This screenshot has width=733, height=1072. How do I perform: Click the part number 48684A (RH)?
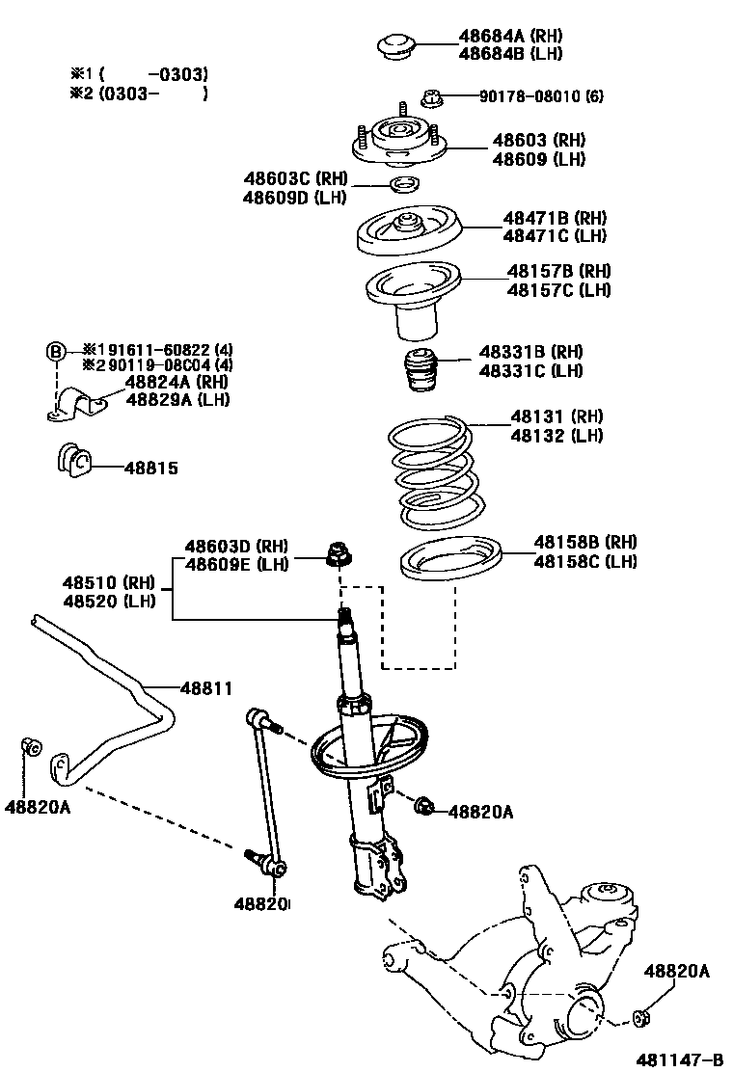[x=510, y=37]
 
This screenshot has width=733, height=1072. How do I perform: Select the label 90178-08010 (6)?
[x=541, y=96]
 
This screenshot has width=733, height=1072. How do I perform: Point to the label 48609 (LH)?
[x=538, y=159]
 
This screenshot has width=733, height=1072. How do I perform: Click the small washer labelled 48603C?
[x=403, y=184]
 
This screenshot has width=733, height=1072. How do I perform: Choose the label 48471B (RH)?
[x=554, y=218]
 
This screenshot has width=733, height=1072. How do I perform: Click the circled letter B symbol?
[x=56, y=350]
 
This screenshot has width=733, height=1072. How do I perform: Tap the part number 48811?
[x=206, y=687]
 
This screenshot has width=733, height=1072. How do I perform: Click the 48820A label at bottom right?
[x=676, y=972]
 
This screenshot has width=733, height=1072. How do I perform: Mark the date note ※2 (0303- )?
[x=145, y=94]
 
